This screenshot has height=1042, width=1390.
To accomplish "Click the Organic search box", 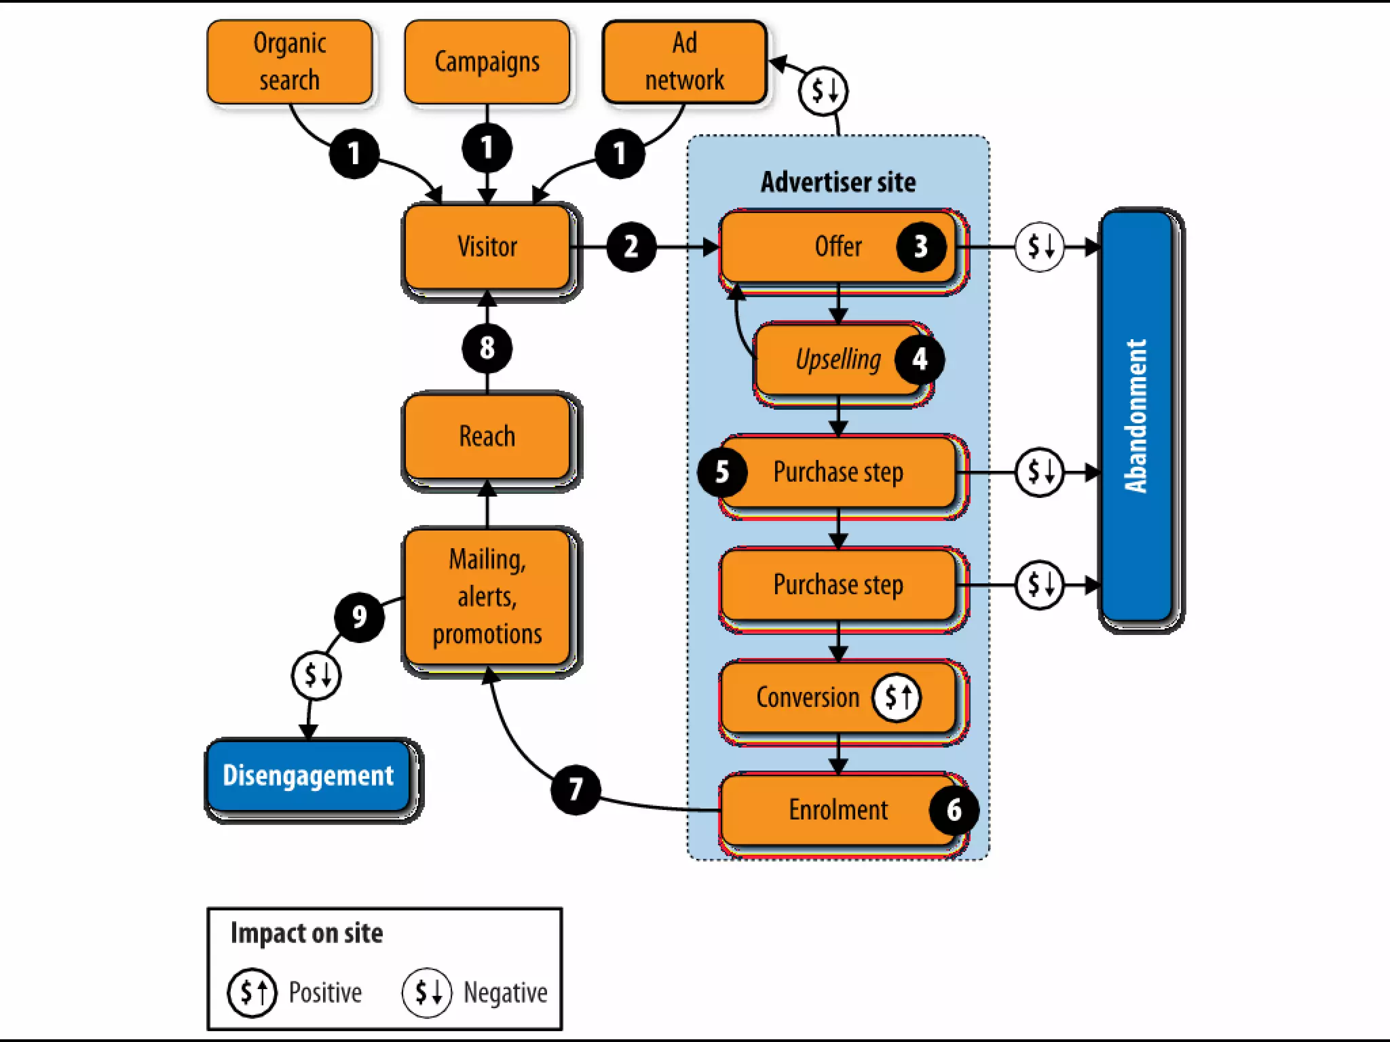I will pyautogui.click(x=290, y=62).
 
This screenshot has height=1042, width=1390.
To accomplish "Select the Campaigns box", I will pyautogui.click(x=487, y=62).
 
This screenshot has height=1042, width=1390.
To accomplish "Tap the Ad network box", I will pyautogui.click(x=684, y=62).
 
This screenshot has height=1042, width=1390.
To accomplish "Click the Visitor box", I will pyautogui.click(x=487, y=246).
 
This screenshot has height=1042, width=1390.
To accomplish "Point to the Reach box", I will pyautogui.click(x=487, y=436).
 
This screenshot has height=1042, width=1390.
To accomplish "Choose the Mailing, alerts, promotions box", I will pyautogui.click(x=487, y=596).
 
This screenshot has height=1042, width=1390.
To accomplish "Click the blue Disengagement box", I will pyautogui.click(x=308, y=775).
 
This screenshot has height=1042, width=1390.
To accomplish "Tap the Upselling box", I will pyautogui.click(x=838, y=360).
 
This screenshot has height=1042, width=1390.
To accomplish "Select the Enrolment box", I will pyautogui.click(x=838, y=809).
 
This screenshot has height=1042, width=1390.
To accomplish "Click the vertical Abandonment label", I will pyautogui.click(x=1135, y=416).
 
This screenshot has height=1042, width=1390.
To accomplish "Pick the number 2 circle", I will pyautogui.click(x=631, y=247).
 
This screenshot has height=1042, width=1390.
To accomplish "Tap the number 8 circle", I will pyautogui.click(x=487, y=348).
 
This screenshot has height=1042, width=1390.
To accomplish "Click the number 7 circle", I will pyautogui.click(x=576, y=789).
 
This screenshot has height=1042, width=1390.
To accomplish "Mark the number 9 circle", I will pyautogui.click(x=359, y=616).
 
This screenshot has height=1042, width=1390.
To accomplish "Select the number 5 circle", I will pyautogui.click(x=722, y=471).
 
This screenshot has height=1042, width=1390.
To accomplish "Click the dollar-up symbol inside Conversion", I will pyautogui.click(x=897, y=697).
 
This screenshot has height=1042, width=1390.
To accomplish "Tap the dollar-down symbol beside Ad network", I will pyautogui.click(x=823, y=90).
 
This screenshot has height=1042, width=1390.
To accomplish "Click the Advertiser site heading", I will pyautogui.click(x=838, y=182).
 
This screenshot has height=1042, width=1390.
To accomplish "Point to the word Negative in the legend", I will pyautogui.click(x=505, y=992).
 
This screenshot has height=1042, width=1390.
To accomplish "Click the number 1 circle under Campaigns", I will pyautogui.click(x=487, y=148).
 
